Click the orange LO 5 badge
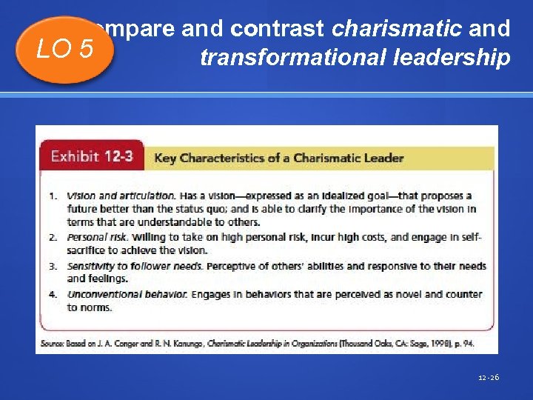(66, 50)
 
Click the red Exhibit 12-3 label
(91, 157)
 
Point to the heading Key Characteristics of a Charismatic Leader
(278, 158)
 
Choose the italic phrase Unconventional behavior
(127, 294)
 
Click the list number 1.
(53, 196)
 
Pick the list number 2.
(53, 237)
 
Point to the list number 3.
(53, 266)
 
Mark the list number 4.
(53, 294)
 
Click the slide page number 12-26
(489, 377)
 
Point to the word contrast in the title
(278, 29)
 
